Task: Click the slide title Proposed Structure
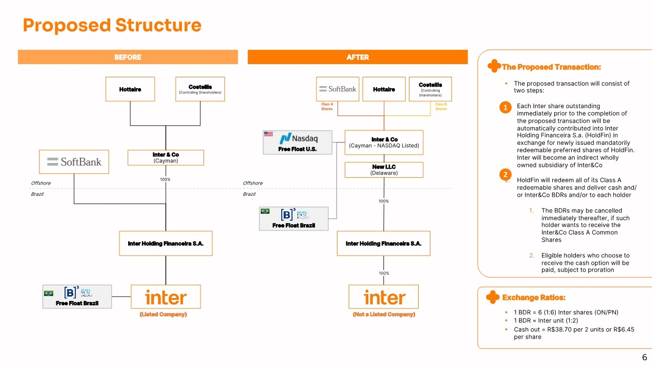(x=112, y=25)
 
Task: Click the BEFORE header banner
(x=128, y=57)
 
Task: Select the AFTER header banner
(x=358, y=57)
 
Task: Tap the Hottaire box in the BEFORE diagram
(x=130, y=89)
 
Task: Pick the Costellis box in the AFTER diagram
(x=430, y=89)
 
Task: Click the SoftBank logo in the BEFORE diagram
(x=74, y=161)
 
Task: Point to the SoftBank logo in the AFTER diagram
(x=337, y=89)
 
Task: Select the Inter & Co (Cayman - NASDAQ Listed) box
(x=384, y=142)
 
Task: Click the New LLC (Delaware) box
(x=384, y=170)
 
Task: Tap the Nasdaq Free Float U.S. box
(x=297, y=142)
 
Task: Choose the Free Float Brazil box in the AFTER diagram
(x=293, y=218)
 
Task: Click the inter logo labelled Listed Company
(x=166, y=297)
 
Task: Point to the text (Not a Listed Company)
(x=384, y=315)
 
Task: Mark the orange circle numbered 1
(x=506, y=108)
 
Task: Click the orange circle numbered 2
(x=506, y=175)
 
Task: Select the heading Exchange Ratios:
(x=534, y=298)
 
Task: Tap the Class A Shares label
(x=327, y=107)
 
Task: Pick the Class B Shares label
(x=441, y=107)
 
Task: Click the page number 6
(x=644, y=357)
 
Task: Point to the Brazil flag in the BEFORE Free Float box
(x=48, y=293)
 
